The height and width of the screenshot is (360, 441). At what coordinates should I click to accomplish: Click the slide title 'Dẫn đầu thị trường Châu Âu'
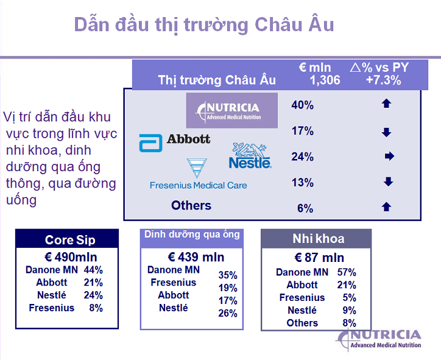pos(203,25)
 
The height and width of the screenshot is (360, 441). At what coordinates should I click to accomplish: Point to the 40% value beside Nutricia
pos(303,105)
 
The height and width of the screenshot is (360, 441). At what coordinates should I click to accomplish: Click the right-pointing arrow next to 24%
pos(389,157)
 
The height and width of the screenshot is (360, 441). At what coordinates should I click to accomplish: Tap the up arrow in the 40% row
pos(386,104)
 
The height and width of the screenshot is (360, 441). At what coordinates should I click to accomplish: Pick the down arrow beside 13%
pos(388,182)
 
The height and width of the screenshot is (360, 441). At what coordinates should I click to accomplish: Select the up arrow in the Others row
pos(386,207)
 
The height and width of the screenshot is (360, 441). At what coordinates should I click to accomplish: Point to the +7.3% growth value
pos(383,80)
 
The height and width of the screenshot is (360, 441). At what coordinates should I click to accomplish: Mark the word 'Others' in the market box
pos(191,205)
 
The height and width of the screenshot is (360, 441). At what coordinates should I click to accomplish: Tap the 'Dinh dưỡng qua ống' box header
pos(192,235)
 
